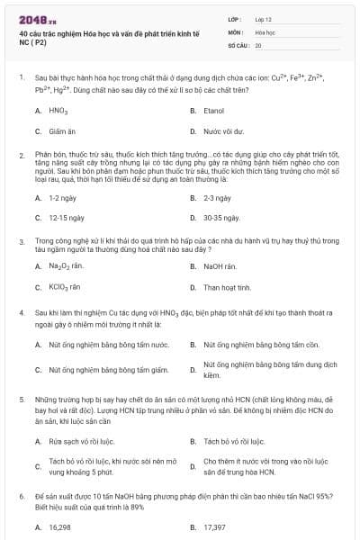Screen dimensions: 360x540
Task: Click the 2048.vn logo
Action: click(x=37, y=19)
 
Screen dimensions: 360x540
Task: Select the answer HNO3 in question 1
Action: click(x=59, y=111)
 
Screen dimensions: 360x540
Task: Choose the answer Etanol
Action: click(x=213, y=111)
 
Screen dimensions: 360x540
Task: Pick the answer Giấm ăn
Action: click(x=62, y=130)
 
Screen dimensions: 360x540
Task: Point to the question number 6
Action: click(x=21, y=496)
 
